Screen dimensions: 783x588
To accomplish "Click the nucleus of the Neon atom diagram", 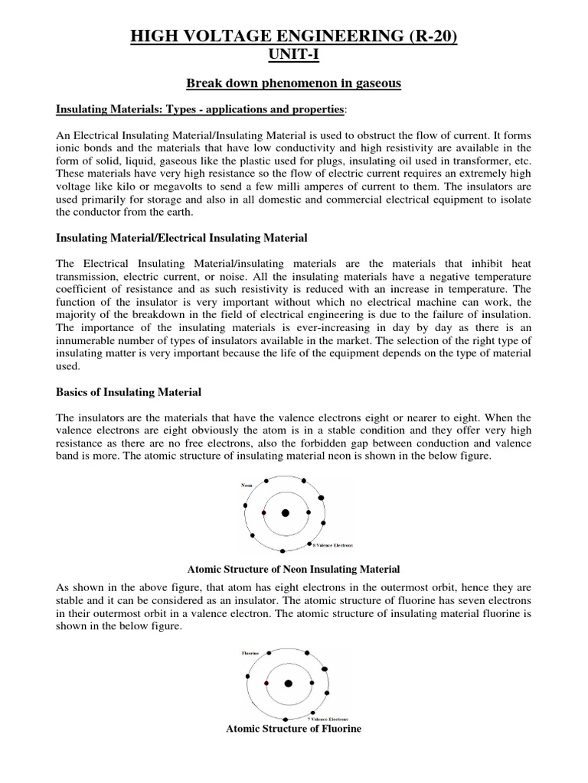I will click(285, 513).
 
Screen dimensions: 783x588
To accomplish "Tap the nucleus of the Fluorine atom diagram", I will click(288, 684).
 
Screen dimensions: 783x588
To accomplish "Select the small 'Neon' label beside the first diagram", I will click(247, 485).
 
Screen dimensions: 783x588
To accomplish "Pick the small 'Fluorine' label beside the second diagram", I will click(250, 654).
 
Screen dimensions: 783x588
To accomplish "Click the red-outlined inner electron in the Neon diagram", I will click(263, 513).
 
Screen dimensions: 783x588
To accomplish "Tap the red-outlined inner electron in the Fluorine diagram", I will click(266, 683).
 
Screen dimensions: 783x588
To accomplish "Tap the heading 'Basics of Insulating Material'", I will click(129, 392).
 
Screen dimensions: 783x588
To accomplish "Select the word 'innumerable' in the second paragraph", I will click(87, 340).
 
